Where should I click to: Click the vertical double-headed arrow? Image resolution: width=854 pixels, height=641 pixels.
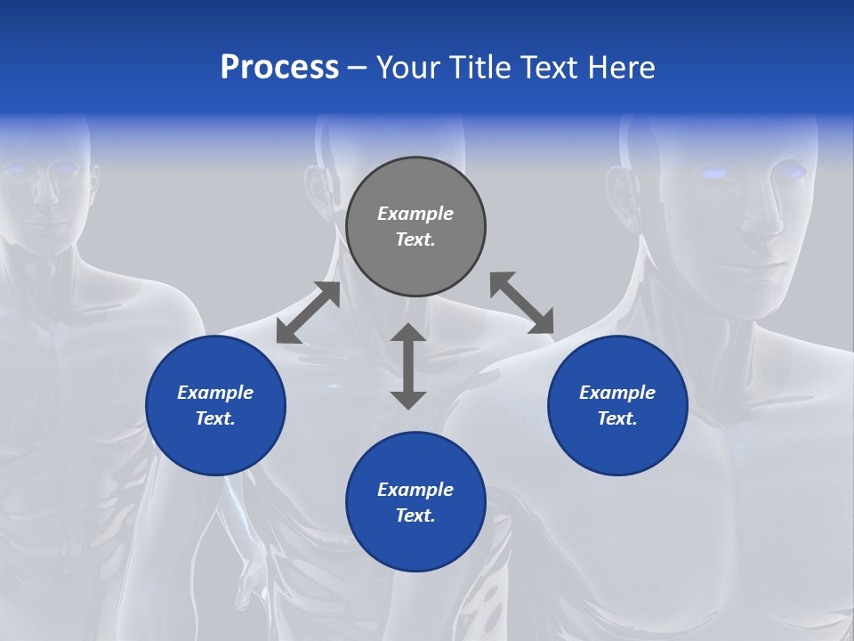tap(408, 366)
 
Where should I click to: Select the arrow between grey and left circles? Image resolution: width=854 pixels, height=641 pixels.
tap(308, 312)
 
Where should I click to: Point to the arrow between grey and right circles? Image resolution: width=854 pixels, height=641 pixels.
tap(521, 304)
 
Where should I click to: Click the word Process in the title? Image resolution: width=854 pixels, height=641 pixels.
tap(279, 67)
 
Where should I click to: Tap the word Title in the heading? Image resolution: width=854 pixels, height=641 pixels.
tap(482, 67)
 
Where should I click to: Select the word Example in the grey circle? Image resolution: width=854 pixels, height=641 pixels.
tap(415, 214)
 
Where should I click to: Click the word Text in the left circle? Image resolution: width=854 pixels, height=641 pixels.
tap(215, 418)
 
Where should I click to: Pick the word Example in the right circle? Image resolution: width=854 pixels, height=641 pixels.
tap(617, 393)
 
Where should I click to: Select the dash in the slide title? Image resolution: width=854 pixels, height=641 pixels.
tap(358, 68)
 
